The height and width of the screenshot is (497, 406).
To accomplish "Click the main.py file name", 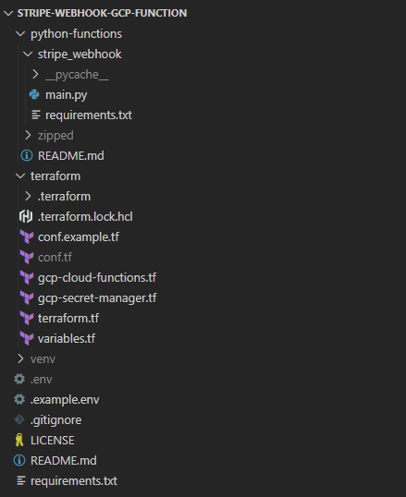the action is pos(66,95).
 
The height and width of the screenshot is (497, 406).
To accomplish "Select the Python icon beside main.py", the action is pos(34,94).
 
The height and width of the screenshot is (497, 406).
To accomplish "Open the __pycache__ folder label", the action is pos(77,75).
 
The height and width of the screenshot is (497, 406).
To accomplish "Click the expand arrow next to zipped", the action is pos(29,136).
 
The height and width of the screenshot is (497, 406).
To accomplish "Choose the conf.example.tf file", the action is pos(79,237).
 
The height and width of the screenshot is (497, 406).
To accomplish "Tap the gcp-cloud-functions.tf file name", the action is pos(97,278).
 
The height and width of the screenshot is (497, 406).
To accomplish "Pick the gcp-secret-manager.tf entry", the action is pos(97,298).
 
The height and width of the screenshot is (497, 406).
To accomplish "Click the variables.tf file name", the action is pos(67,338).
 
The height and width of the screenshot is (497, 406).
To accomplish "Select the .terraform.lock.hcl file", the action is pos(85,217).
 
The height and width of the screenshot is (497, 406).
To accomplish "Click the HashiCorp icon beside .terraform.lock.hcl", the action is pos(26,216).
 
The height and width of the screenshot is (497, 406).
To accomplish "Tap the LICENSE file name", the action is pos(53,441).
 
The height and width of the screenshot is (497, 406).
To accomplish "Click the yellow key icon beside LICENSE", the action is pos(19,440).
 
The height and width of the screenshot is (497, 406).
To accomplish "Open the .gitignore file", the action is pos(55,420).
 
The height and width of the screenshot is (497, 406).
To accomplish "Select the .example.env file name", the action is pos(65,400).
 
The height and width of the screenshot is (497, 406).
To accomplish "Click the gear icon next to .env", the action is pos(19,379).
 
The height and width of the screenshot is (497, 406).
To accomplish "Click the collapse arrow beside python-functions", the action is pos(20,34).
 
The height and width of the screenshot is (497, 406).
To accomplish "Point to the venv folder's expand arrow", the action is pos(21,358).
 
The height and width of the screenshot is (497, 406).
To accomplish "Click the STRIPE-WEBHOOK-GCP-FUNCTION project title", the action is pos(102,13).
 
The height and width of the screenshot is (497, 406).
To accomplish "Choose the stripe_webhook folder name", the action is pos(80,55).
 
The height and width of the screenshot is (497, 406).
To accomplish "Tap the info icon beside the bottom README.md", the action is pos(19,460).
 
